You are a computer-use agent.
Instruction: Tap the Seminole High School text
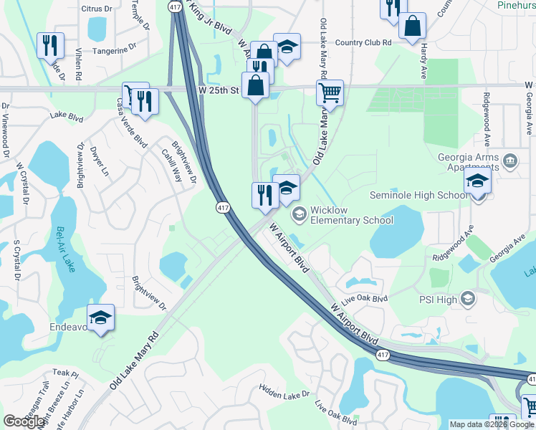[x=418, y=195]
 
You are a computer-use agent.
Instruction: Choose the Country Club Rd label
[x=363, y=43]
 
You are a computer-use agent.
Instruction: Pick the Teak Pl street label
[x=64, y=373]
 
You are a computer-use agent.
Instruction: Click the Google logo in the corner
[x=24, y=421]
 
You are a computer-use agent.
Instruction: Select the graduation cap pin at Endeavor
[x=101, y=317]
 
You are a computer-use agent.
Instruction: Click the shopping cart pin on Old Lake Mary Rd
[x=329, y=92]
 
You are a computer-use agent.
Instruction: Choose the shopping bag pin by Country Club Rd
[x=413, y=26]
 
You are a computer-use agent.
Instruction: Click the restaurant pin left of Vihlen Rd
[x=50, y=44]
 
